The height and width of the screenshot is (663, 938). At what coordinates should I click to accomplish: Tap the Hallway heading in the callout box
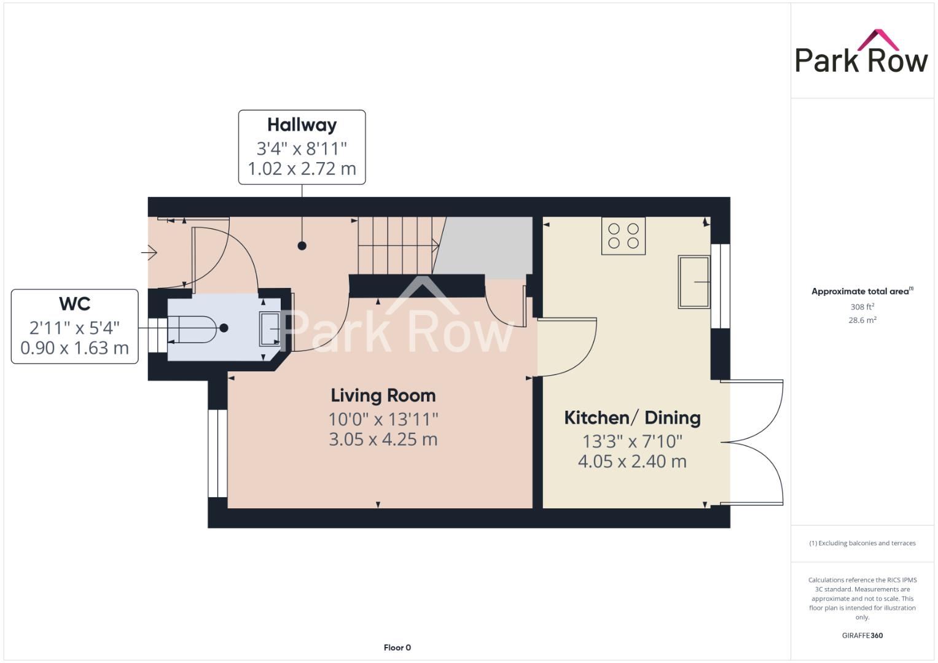pyautogui.click(x=302, y=125)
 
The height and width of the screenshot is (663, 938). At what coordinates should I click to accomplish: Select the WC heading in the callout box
pyautogui.click(x=74, y=304)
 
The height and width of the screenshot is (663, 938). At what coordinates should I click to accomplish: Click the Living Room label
pyautogui.click(x=383, y=395)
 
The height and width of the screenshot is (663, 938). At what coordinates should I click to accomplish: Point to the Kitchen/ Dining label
pyautogui.click(x=632, y=417)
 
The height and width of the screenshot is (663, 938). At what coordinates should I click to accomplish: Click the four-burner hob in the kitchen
pyautogui.click(x=623, y=236)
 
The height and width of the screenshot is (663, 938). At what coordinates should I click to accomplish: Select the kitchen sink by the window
pyautogui.click(x=694, y=282)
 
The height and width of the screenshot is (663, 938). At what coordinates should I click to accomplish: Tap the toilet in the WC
pyautogui.click(x=192, y=330)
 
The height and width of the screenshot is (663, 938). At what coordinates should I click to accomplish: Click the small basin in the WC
pyautogui.click(x=270, y=329)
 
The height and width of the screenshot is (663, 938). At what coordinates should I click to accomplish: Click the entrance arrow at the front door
pyautogui.click(x=149, y=252)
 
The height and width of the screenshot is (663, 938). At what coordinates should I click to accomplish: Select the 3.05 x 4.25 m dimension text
pyautogui.click(x=383, y=440)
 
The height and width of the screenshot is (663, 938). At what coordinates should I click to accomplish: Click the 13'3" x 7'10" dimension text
pyautogui.click(x=632, y=441)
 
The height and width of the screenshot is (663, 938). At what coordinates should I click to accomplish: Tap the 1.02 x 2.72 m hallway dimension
pyautogui.click(x=302, y=169)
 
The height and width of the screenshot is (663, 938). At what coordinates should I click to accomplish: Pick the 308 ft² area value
pyautogui.click(x=862, y=306)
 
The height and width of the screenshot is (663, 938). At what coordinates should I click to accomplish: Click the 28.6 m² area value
pyautogui.click(x=862, y=320)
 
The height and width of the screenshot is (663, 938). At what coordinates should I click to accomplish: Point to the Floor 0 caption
pyautogui.click(x=397, y=648)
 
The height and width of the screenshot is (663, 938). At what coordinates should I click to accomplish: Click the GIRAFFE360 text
pyautogui.click(x=862, y=635)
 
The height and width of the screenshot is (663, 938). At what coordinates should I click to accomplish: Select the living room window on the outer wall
pyautogui.click(x=217, y=453)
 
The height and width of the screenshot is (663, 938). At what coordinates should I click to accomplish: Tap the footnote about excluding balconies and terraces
pyautogui.click(x=862, y=543)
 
